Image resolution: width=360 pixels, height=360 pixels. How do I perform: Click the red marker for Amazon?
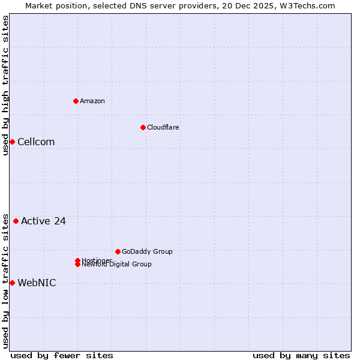[x=76, y=101]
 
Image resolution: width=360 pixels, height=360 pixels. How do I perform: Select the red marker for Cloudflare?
[x=143, y=127]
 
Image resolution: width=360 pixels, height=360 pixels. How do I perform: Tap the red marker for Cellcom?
[x=12, y=142]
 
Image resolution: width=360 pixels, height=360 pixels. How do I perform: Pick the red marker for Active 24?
[x=16, y=221]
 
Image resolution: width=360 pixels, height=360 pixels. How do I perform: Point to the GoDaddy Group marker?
[x=118, y=251]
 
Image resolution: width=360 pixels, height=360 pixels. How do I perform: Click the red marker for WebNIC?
[x=12, y=283]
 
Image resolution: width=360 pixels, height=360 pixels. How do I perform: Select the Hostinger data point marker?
[x=77, y=260]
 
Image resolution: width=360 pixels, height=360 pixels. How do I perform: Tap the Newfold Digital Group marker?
[x=77, y=265]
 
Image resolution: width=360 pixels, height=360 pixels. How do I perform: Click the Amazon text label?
[x=92, y=101]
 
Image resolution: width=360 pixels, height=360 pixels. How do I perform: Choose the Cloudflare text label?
[x=163, y=127]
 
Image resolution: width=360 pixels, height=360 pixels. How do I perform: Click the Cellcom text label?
[x=36, y=142]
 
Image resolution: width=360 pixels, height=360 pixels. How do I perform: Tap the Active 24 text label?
[x=43, y=221]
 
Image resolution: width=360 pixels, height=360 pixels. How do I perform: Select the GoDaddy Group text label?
[x=147, y=251]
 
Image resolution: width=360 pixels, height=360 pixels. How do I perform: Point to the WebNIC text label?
[x=37, y=283]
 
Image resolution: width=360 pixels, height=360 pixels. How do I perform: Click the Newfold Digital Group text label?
[x=117, y=265]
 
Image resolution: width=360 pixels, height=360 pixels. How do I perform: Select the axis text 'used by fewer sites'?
[x=62, y=355]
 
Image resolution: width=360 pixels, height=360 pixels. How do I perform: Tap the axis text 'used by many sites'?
[x=301, y=355]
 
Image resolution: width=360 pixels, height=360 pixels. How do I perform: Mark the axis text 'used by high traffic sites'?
[x=5, y=85]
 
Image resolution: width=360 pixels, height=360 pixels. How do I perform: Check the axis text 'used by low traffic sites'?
[x=5, y=281]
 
